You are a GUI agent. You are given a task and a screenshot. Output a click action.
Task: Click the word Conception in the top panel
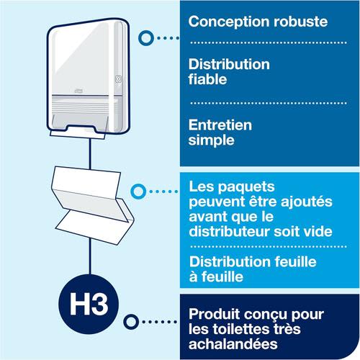click(x=229, y=22)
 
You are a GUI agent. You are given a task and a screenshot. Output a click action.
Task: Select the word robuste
click(x=301, y=22)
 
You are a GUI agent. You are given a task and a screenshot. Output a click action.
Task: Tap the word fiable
click(x=207, y=79)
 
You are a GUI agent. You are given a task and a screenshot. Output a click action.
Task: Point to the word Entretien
click(x=220, y=125)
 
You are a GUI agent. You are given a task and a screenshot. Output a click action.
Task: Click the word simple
click(x=211, y=140)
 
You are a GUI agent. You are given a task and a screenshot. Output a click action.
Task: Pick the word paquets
click(x=246, y=187)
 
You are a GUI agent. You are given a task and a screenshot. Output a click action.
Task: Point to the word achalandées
click(x=233, y=344)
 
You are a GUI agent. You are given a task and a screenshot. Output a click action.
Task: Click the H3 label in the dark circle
click(x=89, y=305)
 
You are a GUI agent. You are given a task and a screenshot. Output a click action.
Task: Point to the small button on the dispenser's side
click(x=118, y=78)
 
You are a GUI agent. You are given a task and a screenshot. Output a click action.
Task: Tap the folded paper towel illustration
click(x=92, y=206)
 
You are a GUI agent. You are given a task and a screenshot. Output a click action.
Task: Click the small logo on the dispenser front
click(x=78, y=91)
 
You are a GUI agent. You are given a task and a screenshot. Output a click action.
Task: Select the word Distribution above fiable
click(x=229, y=64)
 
